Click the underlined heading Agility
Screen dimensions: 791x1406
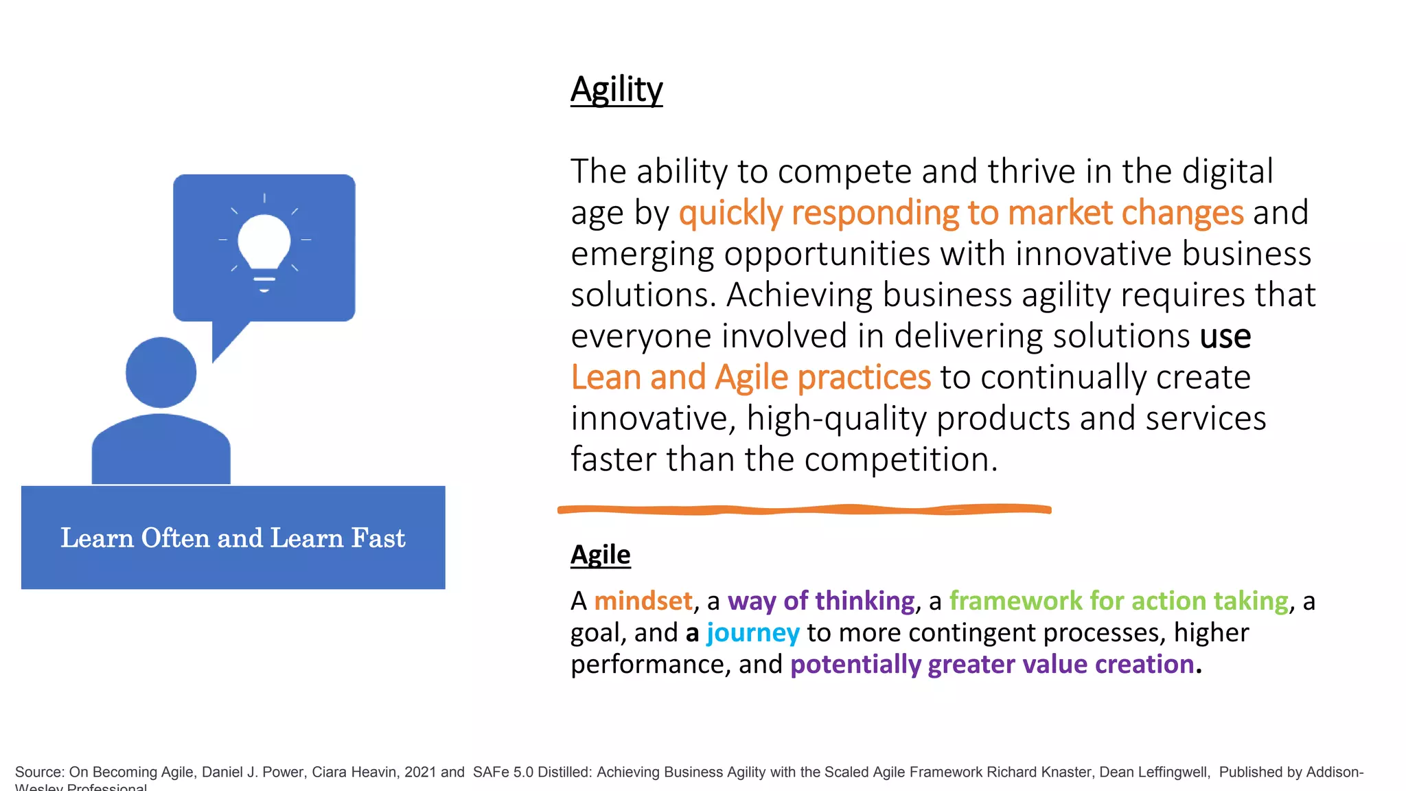click(x=616, y=90)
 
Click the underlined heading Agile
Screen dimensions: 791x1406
click(x=600, y=555)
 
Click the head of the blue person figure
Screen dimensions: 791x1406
click(x=161, y=372)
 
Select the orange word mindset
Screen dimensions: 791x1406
click(x=643, y=601)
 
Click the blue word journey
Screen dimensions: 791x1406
click(x=752, y=632)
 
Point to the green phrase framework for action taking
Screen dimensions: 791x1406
click(x=1118, y=601)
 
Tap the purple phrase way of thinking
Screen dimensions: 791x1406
click(x=821, y=601)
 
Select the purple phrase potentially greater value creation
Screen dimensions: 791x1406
click(x=992, y=665)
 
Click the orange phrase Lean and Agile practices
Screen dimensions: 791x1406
click(x=750, y=378)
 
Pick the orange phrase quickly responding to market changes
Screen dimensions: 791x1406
click(x=960, y=213)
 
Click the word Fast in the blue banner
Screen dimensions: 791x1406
click(x=378, y=538)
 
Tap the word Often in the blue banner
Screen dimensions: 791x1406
click(x=175, y=538)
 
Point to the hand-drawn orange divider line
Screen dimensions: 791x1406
click(x=803, y=509)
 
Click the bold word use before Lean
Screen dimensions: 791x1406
click(x=1225, y=336)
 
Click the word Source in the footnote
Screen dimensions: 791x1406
click(x=38, y=772)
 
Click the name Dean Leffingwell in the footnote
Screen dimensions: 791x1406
click(x=1153, y=772)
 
